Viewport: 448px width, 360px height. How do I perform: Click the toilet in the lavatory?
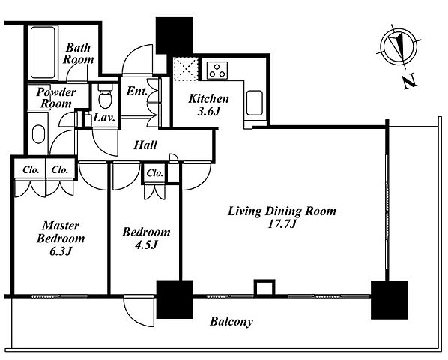pos(106,96)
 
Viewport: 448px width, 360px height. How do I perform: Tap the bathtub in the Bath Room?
pos(43,52)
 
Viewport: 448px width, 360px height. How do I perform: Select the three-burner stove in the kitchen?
pos(217,70)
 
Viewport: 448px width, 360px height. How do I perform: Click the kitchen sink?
pos(254,103)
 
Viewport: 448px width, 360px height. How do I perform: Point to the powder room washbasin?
pos(38,134)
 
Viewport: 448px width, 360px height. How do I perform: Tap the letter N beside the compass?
pos(410,82)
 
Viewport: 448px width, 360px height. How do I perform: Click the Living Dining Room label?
pos(282,211)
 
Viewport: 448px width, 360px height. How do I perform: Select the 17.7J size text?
pos(282,224)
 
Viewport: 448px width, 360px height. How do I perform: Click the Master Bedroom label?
pos(61,232)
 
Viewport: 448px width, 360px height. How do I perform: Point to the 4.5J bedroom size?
pos(146,244)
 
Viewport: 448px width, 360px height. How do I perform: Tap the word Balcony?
pos(231,322)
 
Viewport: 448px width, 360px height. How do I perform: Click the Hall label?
pos(145,145)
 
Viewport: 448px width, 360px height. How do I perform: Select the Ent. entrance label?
pos(136,91)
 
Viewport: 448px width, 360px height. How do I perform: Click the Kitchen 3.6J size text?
pos(209,111)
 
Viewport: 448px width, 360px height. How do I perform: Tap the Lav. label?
pos(104,118)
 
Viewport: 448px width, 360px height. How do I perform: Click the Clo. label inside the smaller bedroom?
pos(154,173)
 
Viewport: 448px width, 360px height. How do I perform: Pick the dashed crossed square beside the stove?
pos(186,69)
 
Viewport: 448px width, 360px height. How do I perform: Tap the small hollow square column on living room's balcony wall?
pos(264,287)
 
